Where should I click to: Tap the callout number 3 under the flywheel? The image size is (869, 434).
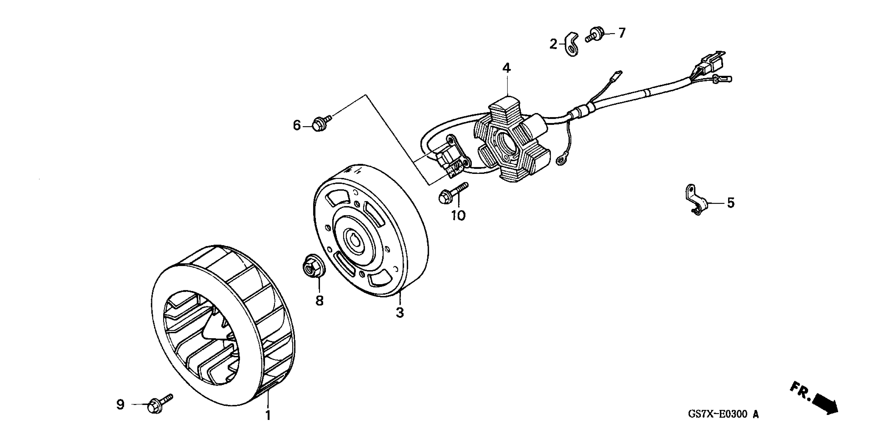click(x=400, y=313)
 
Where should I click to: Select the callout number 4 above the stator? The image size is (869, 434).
click(x=506, y=68)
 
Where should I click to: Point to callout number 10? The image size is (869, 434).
click(x=459, y=215)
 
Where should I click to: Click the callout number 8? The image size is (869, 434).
click(x=319, y=300)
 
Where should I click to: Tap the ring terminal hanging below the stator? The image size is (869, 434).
click(x=561, y=159)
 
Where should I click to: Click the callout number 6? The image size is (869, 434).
click(x=296, y=126)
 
